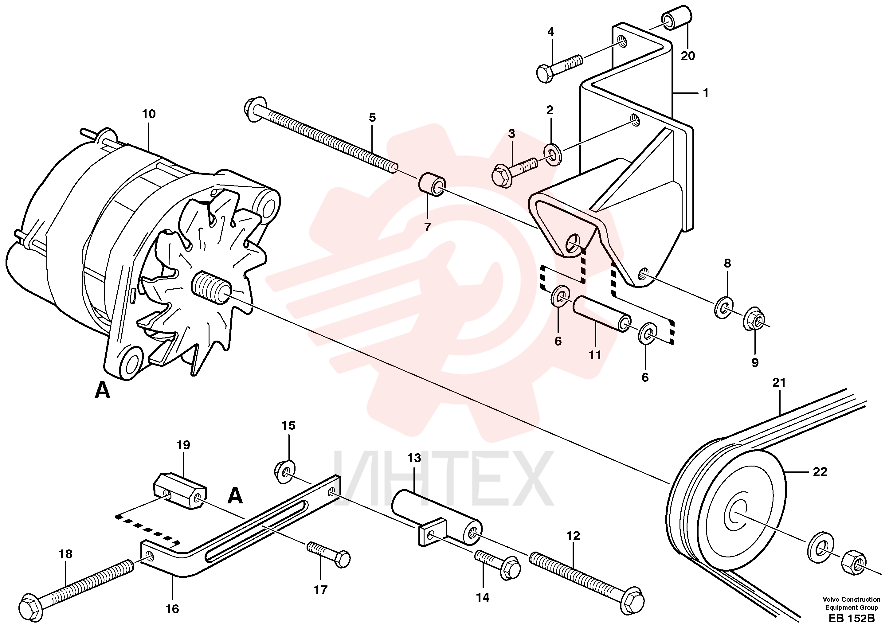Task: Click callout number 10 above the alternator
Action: (x=149, y=114)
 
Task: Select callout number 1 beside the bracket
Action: (x=705, y=93)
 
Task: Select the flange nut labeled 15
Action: (x=285, y=472)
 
